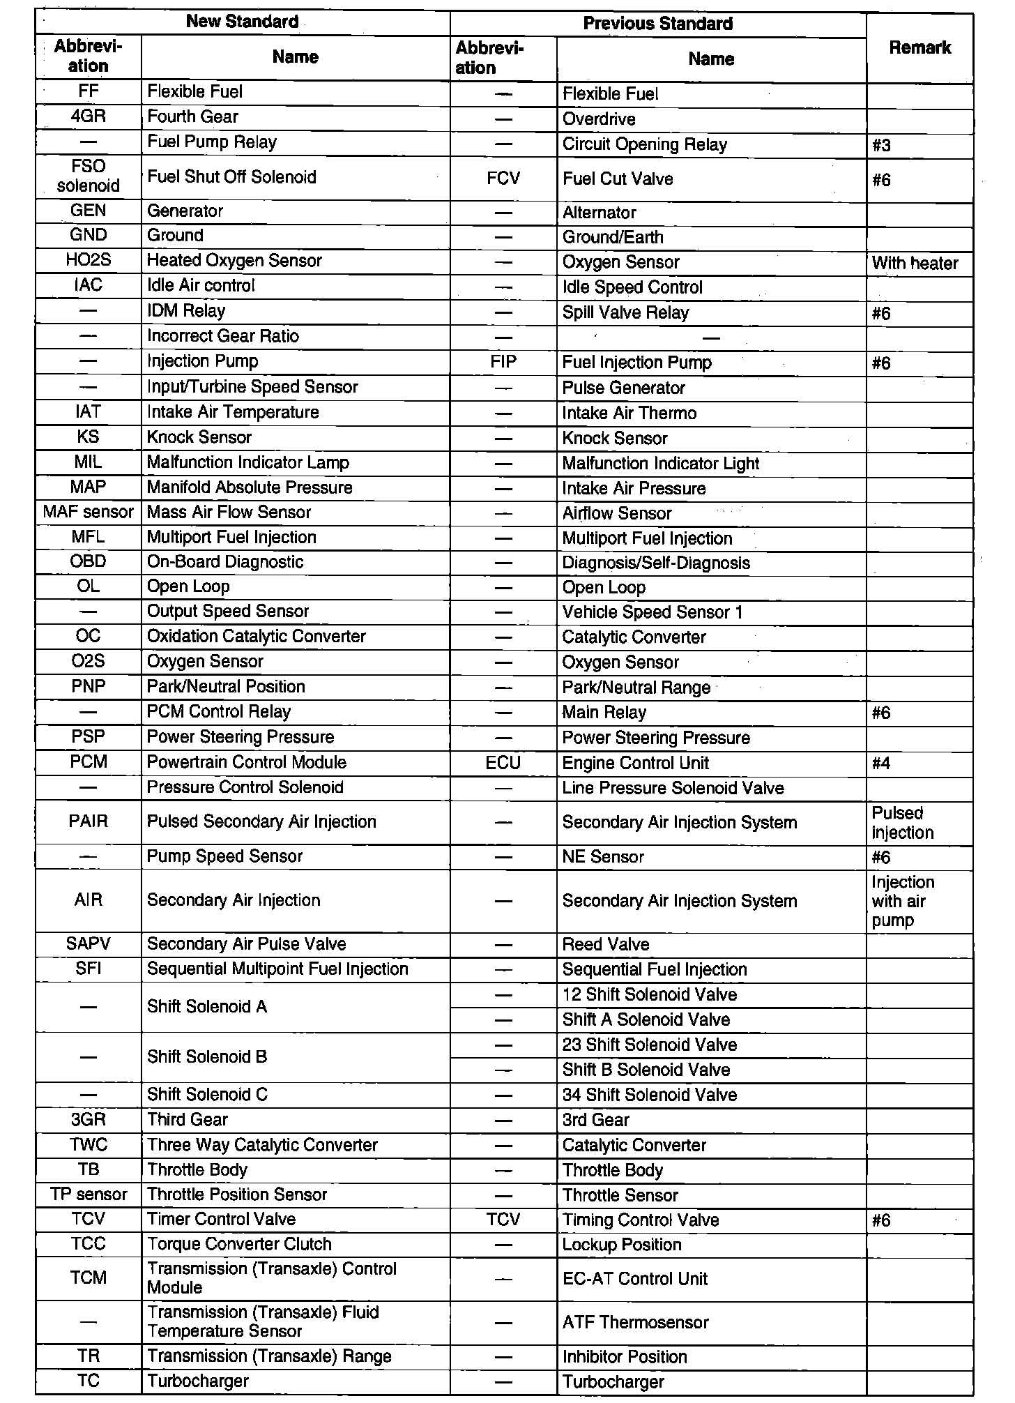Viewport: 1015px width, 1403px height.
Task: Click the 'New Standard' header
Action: (242, 22)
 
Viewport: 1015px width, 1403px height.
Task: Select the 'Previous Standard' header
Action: (657, 24)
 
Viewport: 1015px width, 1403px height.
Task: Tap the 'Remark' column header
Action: (919, 47)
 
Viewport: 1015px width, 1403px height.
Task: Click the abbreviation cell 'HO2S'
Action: (89, 260)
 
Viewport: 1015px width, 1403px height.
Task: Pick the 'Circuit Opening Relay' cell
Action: (644, 144)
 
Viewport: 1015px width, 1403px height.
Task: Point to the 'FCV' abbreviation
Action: (503, 179)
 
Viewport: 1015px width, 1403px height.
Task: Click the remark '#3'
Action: (881, 146)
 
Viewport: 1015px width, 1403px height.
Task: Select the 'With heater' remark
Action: (915, 263)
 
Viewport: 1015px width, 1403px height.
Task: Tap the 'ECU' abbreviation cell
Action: (503, 763)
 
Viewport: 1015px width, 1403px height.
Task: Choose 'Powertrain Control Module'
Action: (246, 762)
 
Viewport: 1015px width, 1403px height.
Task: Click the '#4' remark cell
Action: (881, 764)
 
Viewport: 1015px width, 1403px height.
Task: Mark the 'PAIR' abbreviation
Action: (89, 821)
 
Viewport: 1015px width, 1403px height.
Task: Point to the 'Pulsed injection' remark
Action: (903, 823)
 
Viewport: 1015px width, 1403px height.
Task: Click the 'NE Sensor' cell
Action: (603, 857)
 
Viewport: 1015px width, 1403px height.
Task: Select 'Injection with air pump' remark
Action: (902, 901)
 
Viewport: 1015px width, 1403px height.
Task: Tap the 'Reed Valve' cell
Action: (606, 945)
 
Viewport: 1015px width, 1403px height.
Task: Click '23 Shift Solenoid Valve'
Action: (649, 1045)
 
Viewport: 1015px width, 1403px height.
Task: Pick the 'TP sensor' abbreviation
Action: (89, 1195)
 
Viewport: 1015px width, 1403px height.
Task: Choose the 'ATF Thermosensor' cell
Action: (635, 1322)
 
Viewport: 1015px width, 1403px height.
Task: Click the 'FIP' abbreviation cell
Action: (503, 363)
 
